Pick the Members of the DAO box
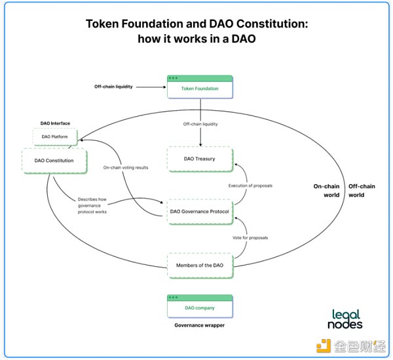(x=200, y=265)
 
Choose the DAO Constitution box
(x=54, y=160)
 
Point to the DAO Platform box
(x=54, y=136)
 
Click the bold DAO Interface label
(x=55, y=123)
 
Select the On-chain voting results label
(x=126, y=168)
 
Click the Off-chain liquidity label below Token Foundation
(x=200, y=124)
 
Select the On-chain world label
(x=326, y=190)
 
